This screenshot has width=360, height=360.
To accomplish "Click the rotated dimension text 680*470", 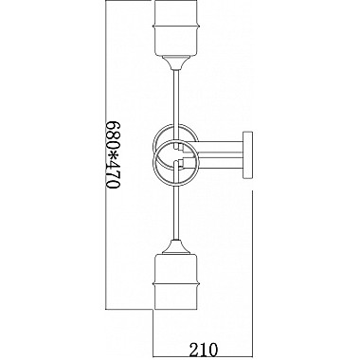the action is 113,154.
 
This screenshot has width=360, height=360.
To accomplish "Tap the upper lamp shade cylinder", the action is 176,27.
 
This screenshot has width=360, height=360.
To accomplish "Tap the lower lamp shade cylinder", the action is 176,281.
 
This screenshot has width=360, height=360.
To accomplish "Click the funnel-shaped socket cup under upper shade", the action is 176,63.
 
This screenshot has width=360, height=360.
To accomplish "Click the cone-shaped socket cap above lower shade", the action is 176,247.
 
